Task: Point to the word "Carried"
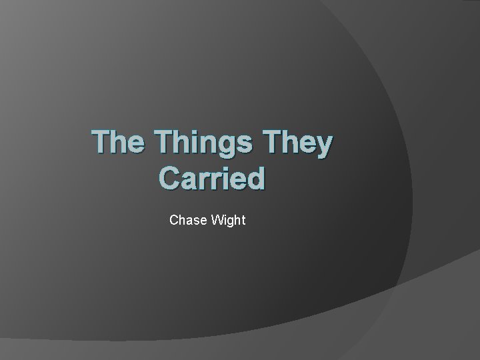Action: coord(212,179)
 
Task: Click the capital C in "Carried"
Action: coord(170,179)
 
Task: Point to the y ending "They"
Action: coord(323,148)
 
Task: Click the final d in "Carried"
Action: coord(255,179)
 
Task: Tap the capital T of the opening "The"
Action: coord(101,145)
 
